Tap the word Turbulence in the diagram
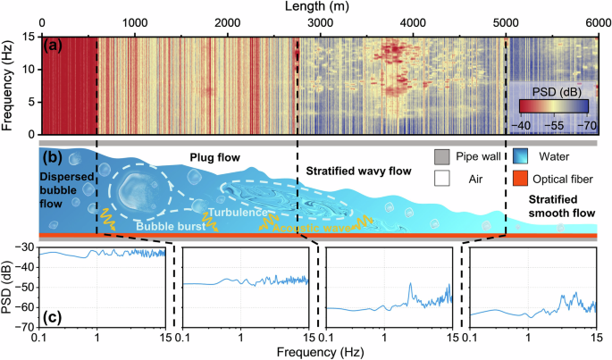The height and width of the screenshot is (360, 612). click(x=238, y=214)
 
